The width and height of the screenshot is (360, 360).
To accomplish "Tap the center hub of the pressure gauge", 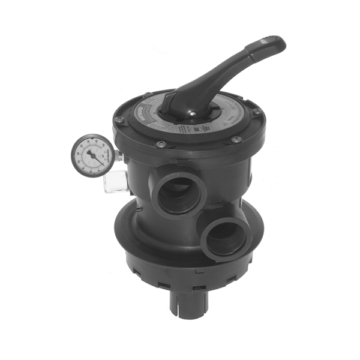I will click(92, 155).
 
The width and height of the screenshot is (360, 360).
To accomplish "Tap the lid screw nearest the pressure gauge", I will click(119, 120).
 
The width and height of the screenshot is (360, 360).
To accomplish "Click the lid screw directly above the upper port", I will click(161, 144).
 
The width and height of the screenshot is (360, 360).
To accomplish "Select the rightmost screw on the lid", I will click(257, 112).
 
